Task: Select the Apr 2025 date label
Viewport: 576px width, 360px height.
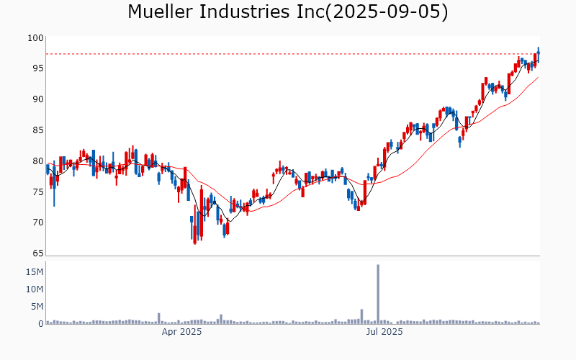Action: pos(181,332)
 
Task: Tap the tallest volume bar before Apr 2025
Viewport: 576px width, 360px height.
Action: pos(158,318)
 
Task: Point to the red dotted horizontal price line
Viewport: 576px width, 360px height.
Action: pos(288,54)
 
